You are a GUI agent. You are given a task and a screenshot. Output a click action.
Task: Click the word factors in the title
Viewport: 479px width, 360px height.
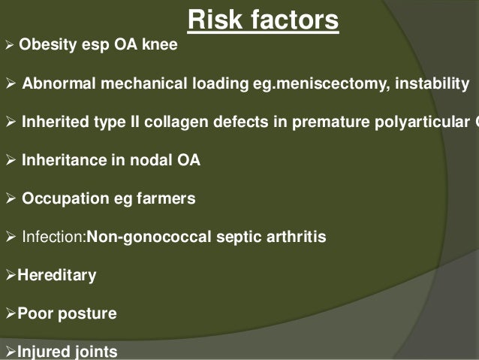click(x=294, y=20)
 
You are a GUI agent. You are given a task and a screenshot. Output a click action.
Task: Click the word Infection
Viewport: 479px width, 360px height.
click(x=53, y=237)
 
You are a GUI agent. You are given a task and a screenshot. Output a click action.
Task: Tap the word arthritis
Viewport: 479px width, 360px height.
click(x=296, y=237)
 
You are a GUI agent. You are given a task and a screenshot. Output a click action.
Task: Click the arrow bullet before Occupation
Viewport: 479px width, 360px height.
click(x=10, y=198)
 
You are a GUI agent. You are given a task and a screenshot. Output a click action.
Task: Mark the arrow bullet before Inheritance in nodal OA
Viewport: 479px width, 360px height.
click(x=10, y=160)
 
